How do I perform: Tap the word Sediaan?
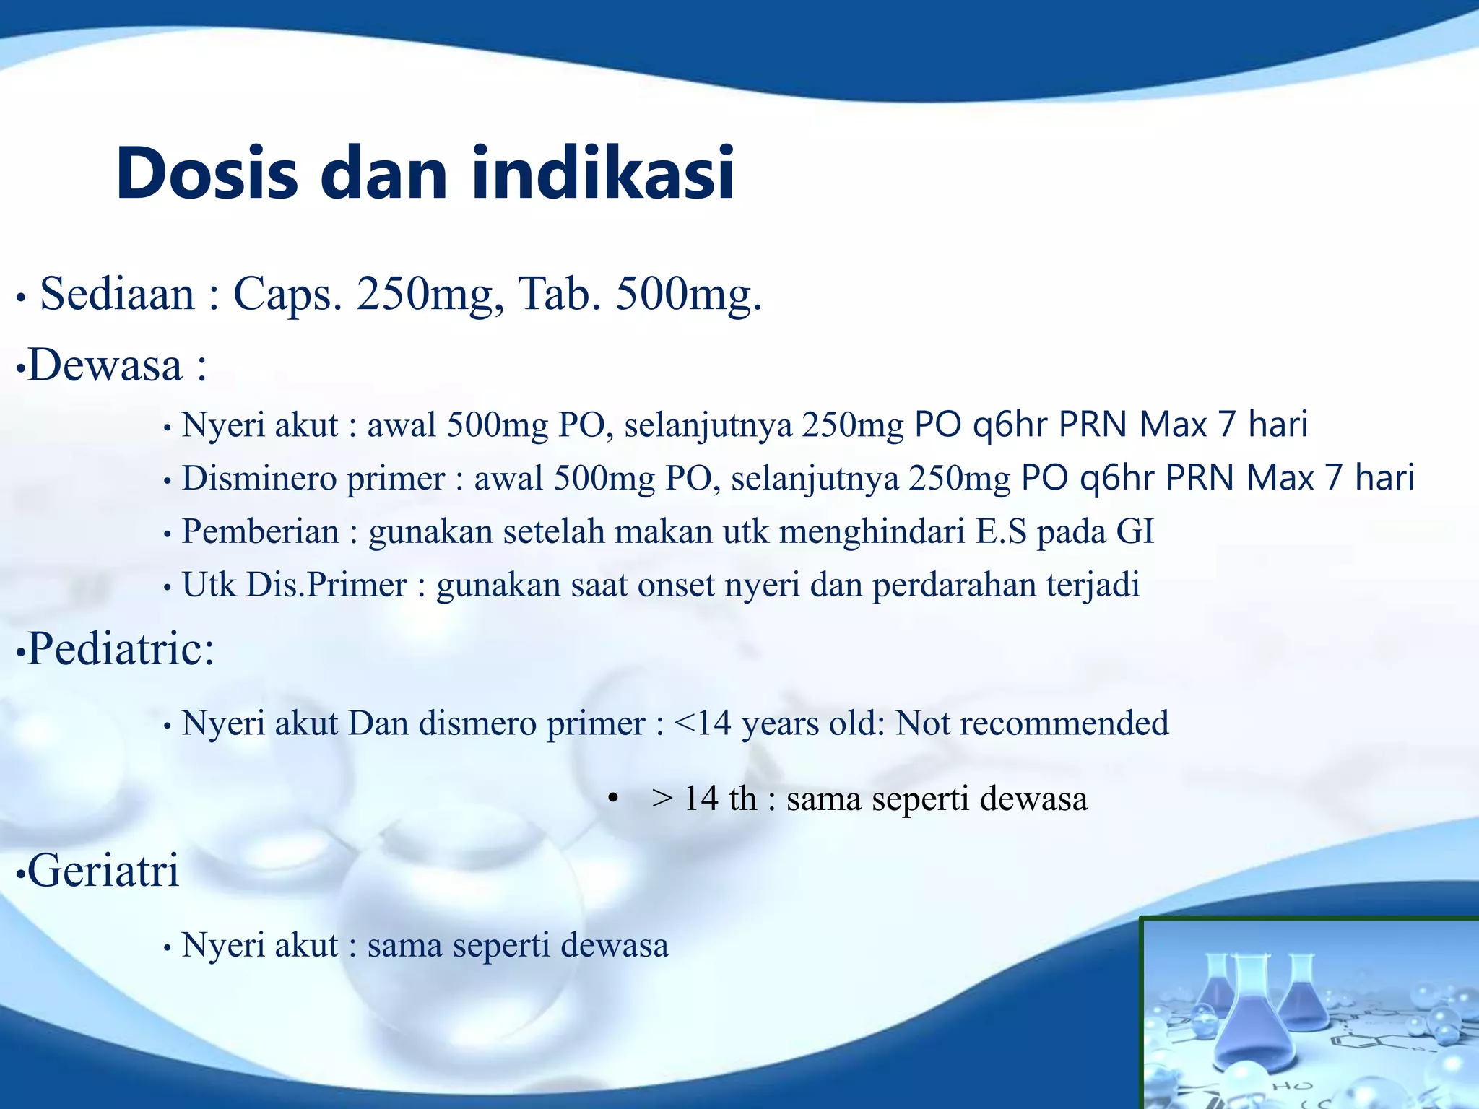click(117, 295)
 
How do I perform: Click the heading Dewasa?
click(105, 365)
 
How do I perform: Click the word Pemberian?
click(260, 532)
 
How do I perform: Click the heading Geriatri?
click(103, 870)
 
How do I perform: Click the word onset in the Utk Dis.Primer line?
click(675, 586)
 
